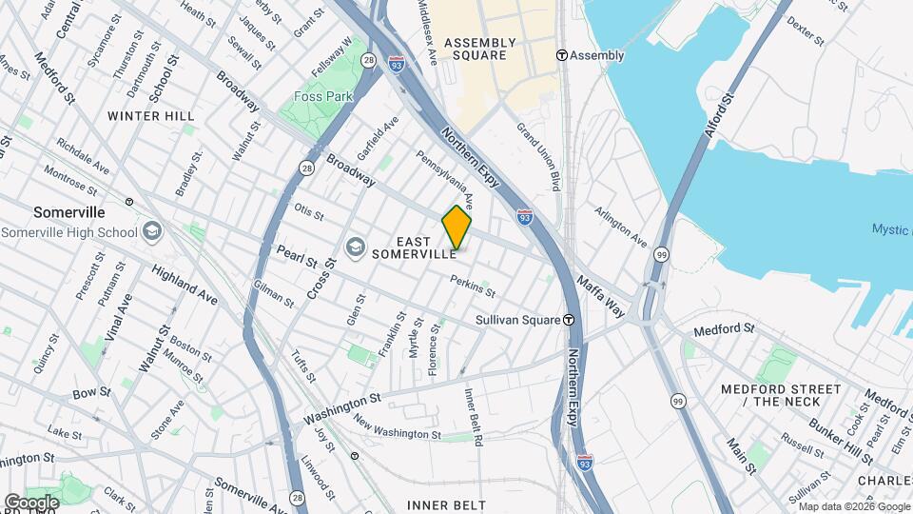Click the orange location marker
pyautogui.click(x=456, y=227)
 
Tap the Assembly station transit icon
pyautogui.click(x=562, y=55)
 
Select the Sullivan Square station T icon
pyautogui.click(x=569, y=320)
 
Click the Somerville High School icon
pyautogui.click(x=151, y=232)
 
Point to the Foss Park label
pyautogui.click(x=323, y=96)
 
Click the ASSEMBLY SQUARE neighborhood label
pyautogui.click(x=480, y=49)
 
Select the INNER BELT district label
pyautogui.click(x=446, y=504)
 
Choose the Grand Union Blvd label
pyautogui.click(x=536, y=151)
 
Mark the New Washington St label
pyautogui.click(x=397, y=426)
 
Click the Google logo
pyautogui.click(x=30, y=502)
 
